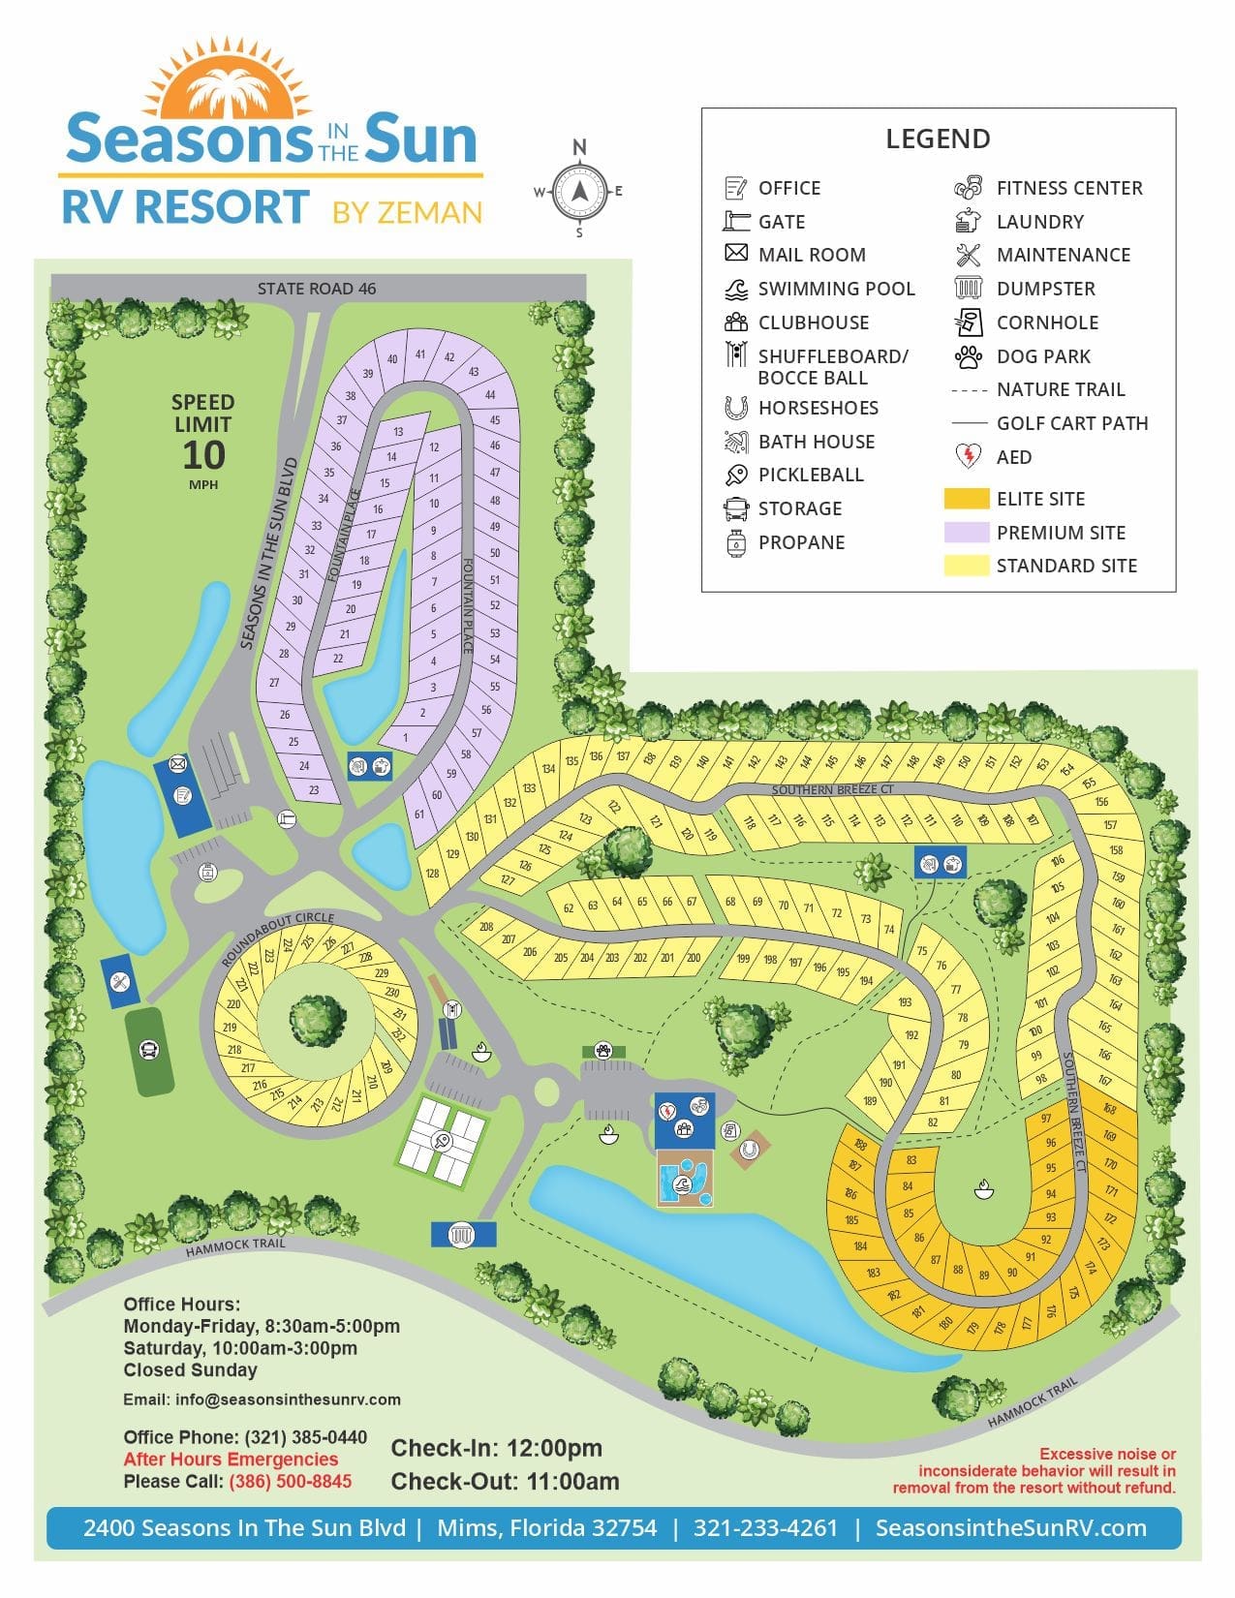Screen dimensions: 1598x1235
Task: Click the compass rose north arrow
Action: (x=579, y=190)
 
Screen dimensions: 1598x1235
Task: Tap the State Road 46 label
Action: (x=317, y=289)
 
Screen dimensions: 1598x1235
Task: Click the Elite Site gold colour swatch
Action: (x=966, y=499)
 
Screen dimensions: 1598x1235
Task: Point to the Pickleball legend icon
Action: (x=736, y=475)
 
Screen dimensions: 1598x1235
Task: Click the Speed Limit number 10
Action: (x=203, y=455)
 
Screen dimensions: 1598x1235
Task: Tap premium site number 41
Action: (x=420, y=354)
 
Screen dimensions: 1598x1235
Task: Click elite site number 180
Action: (x=946, y=1323)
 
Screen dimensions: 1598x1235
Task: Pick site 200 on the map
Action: (x=694, y=958)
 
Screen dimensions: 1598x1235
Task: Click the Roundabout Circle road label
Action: (x=277, y=938)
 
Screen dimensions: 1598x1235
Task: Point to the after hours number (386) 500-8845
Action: (x=290, y=1482)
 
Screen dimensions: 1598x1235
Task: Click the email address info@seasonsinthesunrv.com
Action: (x=288, y=1399)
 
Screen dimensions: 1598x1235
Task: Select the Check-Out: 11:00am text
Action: (x=505, y=1482)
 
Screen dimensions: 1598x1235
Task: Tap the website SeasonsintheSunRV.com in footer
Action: (x=1010, y=1528)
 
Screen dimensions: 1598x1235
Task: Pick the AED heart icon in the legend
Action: (x=968, y=456)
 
